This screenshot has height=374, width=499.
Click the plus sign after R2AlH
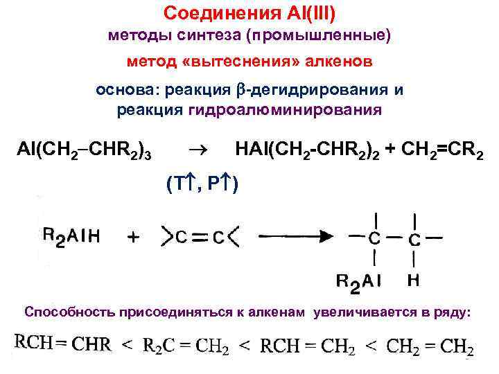[133, 237]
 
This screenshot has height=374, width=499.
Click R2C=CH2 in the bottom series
[186, 345]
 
